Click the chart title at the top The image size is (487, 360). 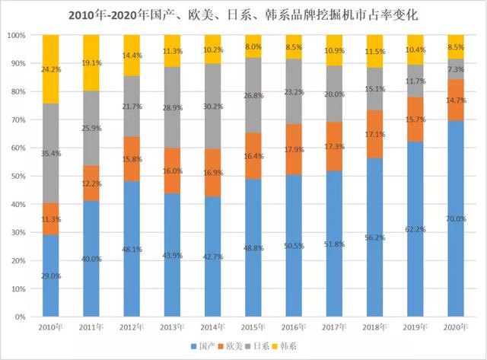(x=243, y=14)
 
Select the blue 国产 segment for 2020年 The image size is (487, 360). (x=455, y=228)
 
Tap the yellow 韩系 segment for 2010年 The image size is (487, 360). (x=50, y=68)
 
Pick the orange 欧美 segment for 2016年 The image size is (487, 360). (x=293, y=149)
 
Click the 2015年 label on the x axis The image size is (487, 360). (x=253, y=327)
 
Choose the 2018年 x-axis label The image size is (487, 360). (x=374, y=327)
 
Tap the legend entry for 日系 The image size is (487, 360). (x=258, y=347)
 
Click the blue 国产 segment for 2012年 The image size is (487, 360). (x=131, y=248)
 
